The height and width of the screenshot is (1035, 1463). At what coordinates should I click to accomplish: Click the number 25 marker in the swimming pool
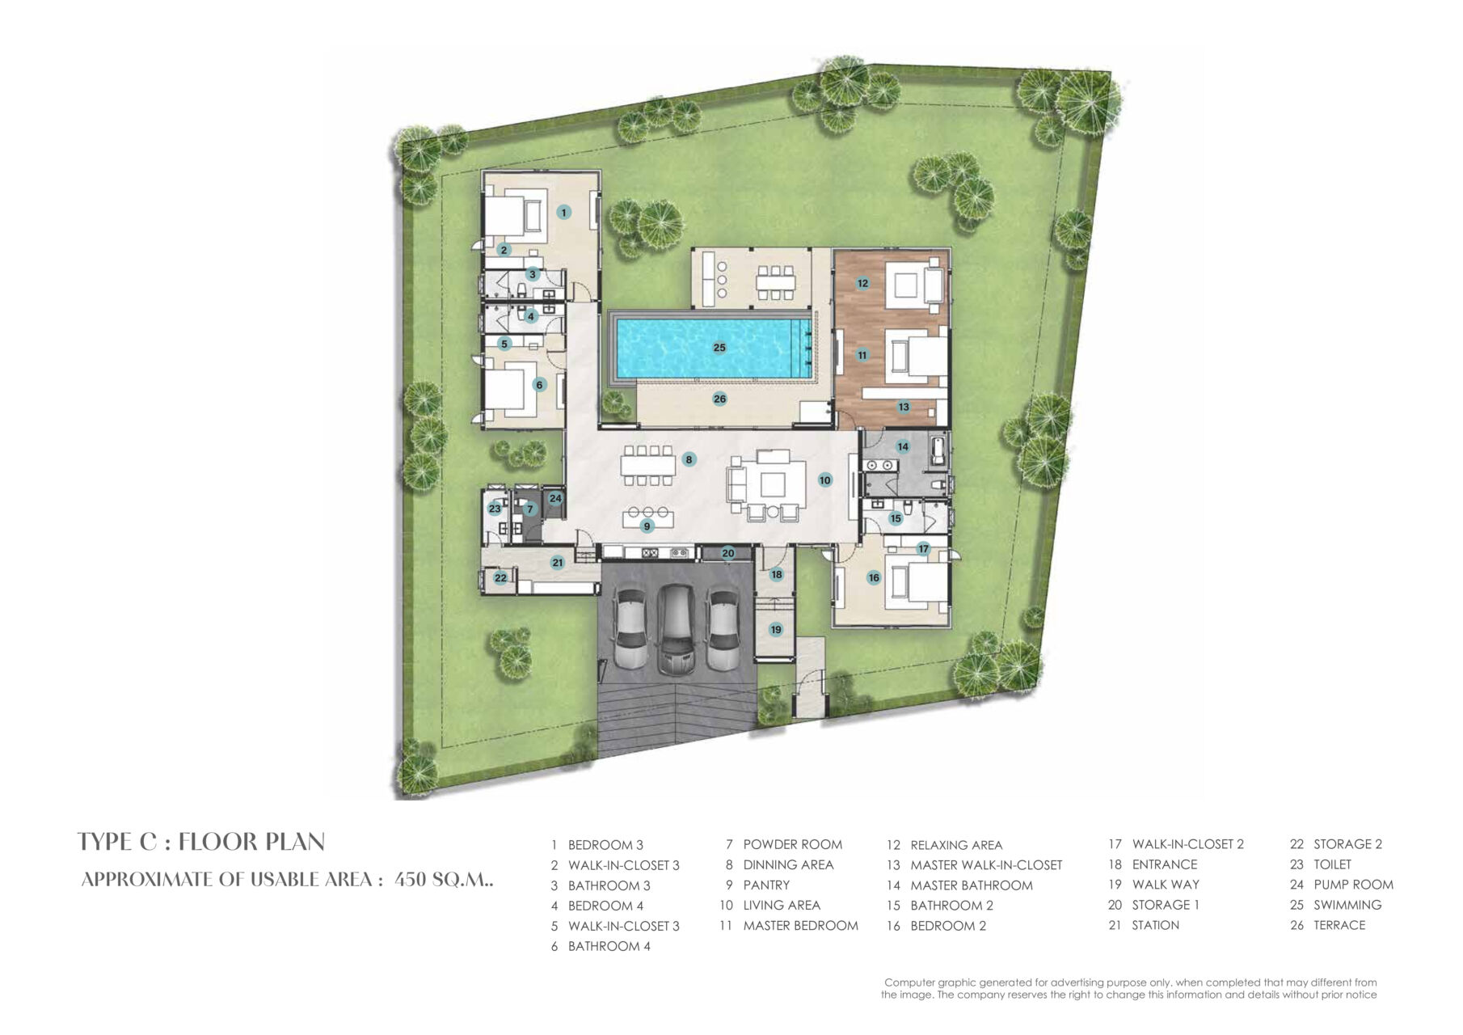719,348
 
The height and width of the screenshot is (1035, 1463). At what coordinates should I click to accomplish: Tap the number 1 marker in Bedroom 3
564,212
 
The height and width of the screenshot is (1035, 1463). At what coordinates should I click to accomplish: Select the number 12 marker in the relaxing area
863,283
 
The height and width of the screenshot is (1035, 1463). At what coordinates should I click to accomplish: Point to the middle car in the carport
676,629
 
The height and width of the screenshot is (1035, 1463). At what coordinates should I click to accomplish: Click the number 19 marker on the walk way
776,629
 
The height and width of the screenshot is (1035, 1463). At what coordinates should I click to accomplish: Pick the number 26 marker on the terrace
719,399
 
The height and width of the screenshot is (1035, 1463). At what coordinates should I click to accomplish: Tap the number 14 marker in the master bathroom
903,446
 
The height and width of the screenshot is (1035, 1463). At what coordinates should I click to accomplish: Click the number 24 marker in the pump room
555,498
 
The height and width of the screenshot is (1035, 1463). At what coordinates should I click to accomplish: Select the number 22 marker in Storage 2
501,577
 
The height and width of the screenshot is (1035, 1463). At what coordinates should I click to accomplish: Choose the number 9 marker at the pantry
647,526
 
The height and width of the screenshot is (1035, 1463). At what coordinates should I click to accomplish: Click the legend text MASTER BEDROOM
800,926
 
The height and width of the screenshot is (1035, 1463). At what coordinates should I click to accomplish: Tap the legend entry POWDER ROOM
792,845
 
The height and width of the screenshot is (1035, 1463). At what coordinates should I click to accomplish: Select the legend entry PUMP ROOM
1353,885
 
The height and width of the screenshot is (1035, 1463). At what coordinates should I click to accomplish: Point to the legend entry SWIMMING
1347,905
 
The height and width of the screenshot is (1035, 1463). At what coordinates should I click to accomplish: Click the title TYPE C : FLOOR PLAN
201,842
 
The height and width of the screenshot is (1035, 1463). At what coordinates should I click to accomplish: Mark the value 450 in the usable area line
410,880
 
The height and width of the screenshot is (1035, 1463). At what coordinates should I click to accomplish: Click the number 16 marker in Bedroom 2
874,577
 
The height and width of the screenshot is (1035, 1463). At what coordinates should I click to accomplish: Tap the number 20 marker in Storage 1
728,553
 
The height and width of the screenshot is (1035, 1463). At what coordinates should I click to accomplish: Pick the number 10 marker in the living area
824,479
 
